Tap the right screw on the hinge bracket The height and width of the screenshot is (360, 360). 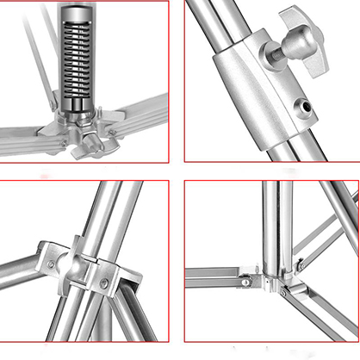click(104, 282)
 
